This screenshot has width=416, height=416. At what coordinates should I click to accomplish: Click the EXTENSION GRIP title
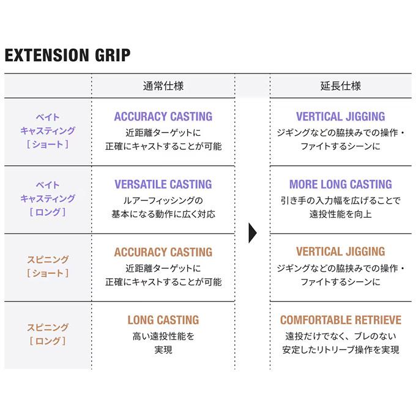tap(67, 55)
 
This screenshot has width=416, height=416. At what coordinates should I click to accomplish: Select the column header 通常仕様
tap(163, 86)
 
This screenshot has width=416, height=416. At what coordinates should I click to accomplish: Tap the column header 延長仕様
tap(340, 86)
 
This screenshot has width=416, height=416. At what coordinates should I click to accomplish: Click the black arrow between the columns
tap(252, 233)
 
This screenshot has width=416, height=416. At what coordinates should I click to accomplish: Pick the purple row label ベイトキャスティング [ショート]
tap(48, 131)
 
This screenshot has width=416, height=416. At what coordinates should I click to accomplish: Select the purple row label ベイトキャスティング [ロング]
tap(48, 198)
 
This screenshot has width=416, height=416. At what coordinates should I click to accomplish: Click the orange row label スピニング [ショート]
tap(48, 266)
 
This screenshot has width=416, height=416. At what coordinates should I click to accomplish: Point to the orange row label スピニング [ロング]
tap(48, 334)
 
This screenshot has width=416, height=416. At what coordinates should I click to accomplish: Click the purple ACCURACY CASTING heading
tap(163, 116)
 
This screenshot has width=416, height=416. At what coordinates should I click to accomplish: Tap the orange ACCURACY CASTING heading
tap(163, 252)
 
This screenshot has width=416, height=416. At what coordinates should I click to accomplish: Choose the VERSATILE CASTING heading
tap(163, 184)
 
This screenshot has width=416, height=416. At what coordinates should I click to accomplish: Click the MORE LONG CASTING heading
tap(340, 184)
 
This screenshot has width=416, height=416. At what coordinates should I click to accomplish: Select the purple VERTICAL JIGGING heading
tap(340, 116)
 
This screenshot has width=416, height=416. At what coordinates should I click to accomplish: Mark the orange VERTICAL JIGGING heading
tap(340, 251)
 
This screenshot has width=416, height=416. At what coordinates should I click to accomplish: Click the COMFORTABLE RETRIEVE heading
tap(341, 320)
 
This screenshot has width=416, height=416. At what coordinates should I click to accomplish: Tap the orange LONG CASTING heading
tap(163, 320)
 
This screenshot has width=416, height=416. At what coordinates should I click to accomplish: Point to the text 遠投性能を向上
tap(340, 214)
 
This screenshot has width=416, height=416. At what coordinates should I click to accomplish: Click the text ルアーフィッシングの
tap(163, 201)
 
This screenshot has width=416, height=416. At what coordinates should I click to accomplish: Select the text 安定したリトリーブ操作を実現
tap(341, 350)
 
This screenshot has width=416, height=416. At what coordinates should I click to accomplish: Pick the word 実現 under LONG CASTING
tap(163, 350)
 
